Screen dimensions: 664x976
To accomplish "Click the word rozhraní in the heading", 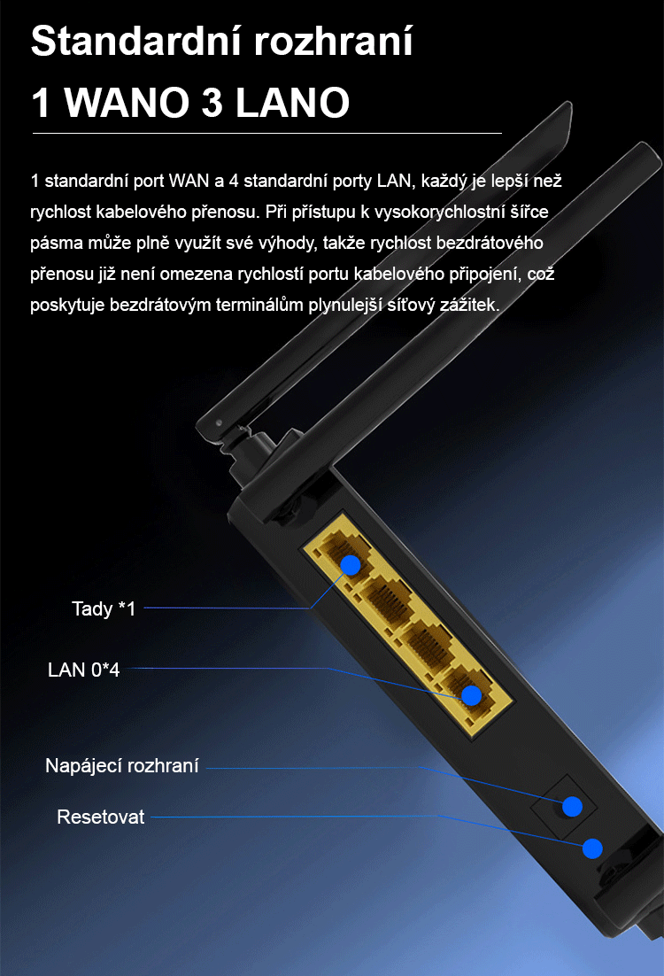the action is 334,41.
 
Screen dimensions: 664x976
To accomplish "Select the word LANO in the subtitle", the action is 292,102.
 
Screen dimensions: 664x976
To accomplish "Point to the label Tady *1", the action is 104,608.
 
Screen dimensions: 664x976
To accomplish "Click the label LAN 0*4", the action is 84,670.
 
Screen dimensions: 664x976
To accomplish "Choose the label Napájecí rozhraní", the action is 122,765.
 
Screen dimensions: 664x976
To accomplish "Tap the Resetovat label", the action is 100,817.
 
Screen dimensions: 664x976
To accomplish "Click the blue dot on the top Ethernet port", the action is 351,565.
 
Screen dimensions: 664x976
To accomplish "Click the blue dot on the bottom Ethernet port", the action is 472,695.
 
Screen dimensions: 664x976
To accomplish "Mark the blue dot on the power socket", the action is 572,807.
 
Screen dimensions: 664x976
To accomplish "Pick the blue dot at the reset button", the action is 592,848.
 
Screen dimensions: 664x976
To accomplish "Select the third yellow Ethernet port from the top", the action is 425,644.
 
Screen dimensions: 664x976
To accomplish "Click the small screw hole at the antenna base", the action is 219,423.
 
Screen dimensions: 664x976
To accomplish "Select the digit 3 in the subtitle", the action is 212,102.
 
